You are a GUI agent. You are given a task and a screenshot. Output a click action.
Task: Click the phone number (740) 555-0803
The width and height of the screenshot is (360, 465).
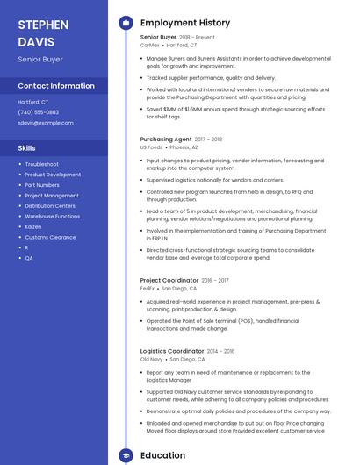38,112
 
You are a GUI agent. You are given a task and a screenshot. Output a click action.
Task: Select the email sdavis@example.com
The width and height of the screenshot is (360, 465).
46,123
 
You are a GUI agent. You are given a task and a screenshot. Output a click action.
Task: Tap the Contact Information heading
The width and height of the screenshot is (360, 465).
56,86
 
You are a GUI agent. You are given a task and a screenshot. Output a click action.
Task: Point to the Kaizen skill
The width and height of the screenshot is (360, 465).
34,226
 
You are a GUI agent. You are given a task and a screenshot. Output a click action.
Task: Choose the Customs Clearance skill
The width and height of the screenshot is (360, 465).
50,237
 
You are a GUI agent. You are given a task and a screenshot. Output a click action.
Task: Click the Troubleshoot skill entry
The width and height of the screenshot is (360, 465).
41,164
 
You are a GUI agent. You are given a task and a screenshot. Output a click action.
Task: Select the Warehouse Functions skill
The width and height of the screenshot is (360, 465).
52,216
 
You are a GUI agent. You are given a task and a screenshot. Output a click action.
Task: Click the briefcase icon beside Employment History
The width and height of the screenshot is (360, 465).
126,23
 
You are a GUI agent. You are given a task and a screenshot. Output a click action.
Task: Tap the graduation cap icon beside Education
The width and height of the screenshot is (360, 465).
126,455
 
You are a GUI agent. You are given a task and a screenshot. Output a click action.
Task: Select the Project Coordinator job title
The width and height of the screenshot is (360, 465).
169,280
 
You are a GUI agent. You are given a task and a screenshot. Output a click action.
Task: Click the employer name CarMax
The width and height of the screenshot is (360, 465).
149,45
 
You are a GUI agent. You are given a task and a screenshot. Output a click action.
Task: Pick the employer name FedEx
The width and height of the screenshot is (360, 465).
148,288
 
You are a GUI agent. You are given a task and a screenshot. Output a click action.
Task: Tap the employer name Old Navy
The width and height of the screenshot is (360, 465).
151,359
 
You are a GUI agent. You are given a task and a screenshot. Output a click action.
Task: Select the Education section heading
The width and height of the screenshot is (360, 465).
162,455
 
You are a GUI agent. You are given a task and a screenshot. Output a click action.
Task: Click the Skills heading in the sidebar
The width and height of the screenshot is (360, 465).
26,148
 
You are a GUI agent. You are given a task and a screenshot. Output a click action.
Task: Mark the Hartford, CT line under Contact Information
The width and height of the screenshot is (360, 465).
33,102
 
